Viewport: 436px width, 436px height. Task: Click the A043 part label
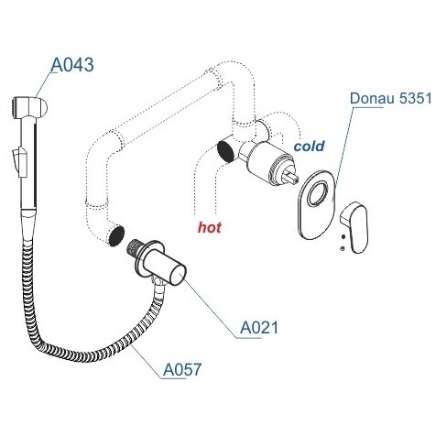coord(72,65)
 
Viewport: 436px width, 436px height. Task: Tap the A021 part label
coord(259,328)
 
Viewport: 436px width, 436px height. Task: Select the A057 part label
coord(182,369)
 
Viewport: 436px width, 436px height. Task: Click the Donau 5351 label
coord(391,98)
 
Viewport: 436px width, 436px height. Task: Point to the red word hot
coord(210,227)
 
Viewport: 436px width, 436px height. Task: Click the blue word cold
coord(309,147)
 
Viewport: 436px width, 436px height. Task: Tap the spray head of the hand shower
coord(29,106)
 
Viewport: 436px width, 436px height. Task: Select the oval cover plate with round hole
coord(316,204)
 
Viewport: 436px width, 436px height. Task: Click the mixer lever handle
coord(354,227)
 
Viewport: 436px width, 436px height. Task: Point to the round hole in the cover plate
coord(319,194)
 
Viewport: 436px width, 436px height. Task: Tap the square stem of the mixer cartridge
coord(290,177)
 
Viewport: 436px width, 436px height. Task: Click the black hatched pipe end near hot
coord(227,151)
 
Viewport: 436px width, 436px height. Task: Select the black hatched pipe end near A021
coord(116,236)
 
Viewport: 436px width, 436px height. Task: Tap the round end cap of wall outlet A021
coord(178,274)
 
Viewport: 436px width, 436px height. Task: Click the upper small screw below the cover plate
coord(343,236)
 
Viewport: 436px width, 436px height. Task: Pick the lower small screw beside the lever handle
coord(343,247)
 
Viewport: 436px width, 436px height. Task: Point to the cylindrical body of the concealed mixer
coord(264,163)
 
